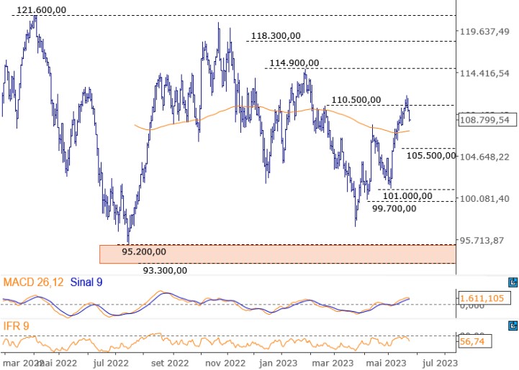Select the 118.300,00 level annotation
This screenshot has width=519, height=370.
point(276,36)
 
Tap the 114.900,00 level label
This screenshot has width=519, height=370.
point(295,63)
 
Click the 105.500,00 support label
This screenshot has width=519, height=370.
point(432,155)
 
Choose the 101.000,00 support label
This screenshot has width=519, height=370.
point(407,195)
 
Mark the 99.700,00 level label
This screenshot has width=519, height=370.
point(394,209)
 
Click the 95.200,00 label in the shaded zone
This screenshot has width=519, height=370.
point(144,252)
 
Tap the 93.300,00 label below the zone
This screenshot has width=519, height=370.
point(164,270)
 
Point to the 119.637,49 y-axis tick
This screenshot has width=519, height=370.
point(485,32)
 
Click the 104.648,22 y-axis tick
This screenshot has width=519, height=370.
point(485,157)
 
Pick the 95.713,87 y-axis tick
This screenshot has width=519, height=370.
point(485,240)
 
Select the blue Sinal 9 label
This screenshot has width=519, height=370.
point(86,283)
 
